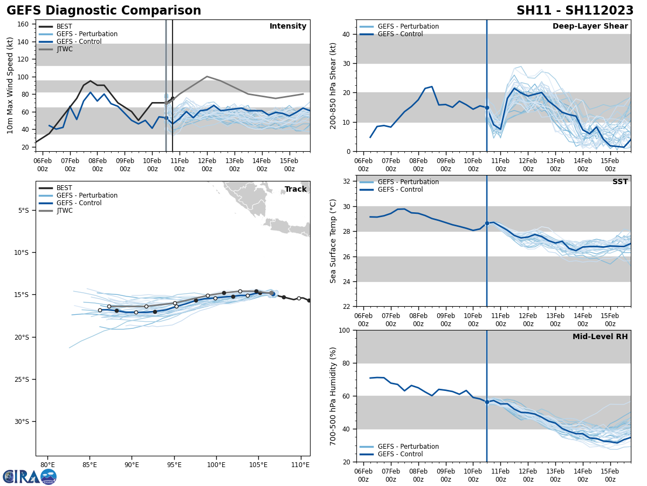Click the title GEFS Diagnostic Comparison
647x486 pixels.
click(x=104, y=11)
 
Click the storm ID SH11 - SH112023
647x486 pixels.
click(x=575, y=11)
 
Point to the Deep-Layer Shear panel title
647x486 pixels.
click(x=590, y=26)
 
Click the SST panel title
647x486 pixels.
click(x=620, y=182)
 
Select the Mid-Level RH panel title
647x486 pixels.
click(x=600, y=337)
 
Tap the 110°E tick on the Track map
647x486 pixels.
click(x=300, y=465)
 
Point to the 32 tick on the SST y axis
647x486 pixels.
click(x=347, y=181)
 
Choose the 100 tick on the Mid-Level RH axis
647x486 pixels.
click(x=345, y=330)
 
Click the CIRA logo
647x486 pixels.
click(x=30, y=476)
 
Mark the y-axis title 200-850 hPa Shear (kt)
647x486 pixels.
click(x=334, y=85)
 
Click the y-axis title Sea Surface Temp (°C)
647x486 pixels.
click(x=334, y=241)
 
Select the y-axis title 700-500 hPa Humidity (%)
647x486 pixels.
click(x=334, y=396)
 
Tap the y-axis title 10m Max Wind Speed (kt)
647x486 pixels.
click(x=10, y=85)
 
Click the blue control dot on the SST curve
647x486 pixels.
click(x=487, y=223)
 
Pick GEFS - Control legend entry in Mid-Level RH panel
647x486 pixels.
click(x=400, y=454)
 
